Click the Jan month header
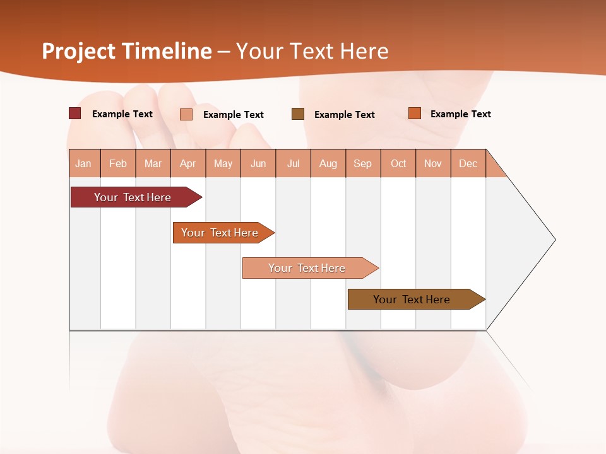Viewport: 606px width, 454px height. (x=84, y=163)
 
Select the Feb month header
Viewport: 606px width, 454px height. (x=118, y=163)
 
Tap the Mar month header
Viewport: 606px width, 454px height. (x=153, y=163)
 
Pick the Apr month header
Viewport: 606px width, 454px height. (x=188, y=163)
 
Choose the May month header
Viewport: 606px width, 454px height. (x=223, y=163)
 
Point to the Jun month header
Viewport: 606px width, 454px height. (x=258, y=163)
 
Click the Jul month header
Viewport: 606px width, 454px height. (x=293, y=163)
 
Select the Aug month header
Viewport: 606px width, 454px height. (x=328, y=163)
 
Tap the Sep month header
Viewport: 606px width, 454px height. (x=363, y=163)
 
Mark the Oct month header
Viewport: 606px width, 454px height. (x=398, y=163)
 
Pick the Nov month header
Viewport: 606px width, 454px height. (x=433, y=163)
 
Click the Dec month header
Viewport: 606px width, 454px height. (x=468, y=163)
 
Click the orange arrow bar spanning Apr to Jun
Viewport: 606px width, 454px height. (x=221, y=233)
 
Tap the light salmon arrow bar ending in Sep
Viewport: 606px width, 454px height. (x=308, y=268)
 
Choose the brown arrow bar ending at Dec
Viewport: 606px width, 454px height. (x=413, y=300)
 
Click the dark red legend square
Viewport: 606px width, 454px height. (x=75, y=113)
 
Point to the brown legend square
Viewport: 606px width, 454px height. (x=298, y=114)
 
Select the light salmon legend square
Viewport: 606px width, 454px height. (x=186, y=114)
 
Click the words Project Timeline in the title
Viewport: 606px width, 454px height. (x=127, y=51)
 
